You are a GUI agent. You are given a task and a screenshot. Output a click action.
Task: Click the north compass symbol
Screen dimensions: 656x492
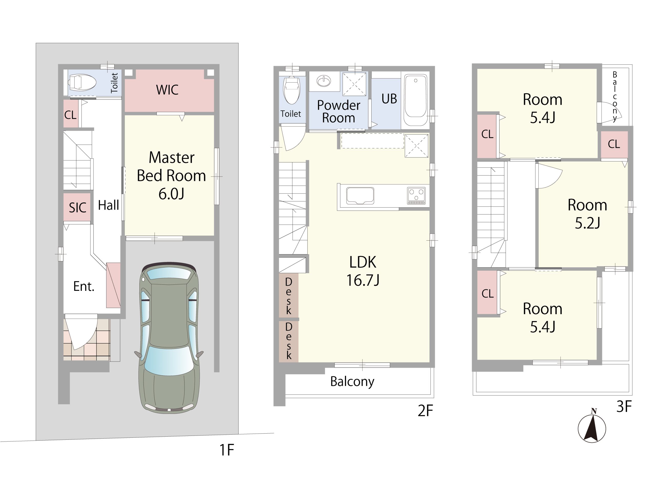coord(592,427)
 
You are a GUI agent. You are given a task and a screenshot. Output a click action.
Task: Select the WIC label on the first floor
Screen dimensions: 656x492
coord(167,90)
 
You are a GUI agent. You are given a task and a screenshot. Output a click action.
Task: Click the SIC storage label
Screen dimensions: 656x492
coord(77,208)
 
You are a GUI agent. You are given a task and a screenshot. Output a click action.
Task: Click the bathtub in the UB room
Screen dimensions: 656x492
coord(415,100)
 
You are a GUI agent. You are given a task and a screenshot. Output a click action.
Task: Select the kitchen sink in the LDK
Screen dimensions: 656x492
coord(360,196)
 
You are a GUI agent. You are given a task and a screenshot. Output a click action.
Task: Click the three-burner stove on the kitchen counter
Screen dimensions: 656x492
coord(416,196)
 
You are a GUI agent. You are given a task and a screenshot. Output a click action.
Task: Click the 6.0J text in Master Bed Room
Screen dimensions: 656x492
coord(171,194)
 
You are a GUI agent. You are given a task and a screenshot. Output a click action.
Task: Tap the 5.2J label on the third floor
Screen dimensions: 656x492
coord(588,223)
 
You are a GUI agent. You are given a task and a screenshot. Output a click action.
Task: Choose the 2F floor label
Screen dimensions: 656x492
coord(425,411)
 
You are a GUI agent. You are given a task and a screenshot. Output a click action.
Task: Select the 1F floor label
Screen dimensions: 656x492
coord(227,450)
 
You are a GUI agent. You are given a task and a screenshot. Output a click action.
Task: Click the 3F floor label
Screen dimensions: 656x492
coord(624,406)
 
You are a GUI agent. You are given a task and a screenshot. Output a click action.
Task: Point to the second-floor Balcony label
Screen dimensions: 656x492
coord(352,382)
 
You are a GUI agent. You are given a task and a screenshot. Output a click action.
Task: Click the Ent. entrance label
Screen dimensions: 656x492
coord(84,286)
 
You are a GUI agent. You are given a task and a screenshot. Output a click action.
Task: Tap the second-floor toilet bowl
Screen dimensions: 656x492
coord(292,90)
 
